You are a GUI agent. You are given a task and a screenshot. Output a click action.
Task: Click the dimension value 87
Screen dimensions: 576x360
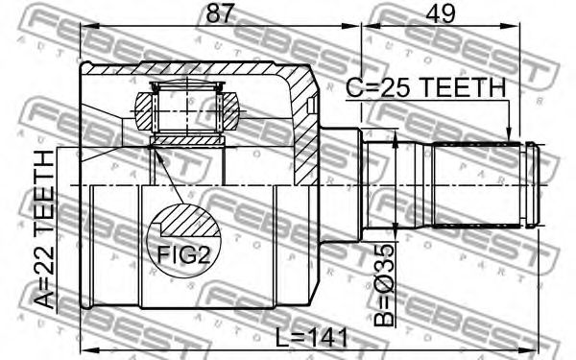(220, 14)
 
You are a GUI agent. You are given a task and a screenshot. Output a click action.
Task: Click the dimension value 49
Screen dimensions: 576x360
(441, 14)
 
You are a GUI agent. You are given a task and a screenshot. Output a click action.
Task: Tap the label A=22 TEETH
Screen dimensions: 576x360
(45, 229)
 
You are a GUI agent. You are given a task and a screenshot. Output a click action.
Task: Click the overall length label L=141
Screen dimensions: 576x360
(311, 338)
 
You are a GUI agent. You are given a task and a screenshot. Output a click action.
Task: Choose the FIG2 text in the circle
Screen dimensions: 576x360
(183, 254)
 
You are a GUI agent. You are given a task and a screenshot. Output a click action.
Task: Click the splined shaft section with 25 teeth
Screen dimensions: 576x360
(477, 184)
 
